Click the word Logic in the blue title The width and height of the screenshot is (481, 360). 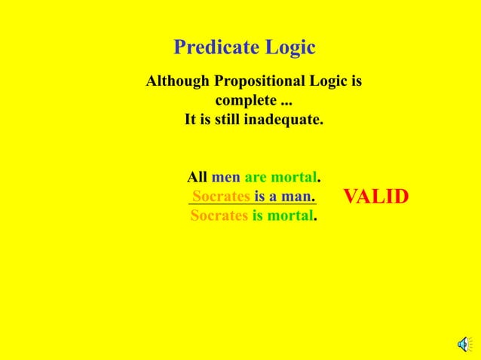[x=290, y=48]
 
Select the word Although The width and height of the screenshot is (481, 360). [x=178, y=81]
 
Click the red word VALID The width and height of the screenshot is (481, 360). [x=375, y=197]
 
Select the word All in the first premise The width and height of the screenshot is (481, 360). [x=197, y=178]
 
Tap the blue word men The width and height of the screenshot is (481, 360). [x=225, y=178]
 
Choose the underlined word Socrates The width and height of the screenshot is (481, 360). [x=221, y=197]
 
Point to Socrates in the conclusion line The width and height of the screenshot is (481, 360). [x=219, y=216]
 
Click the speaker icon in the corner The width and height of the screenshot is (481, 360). [x=462, y=345]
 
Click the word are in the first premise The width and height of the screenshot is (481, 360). [x=256, y=178]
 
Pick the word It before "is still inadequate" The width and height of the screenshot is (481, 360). [x=191, y=120]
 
